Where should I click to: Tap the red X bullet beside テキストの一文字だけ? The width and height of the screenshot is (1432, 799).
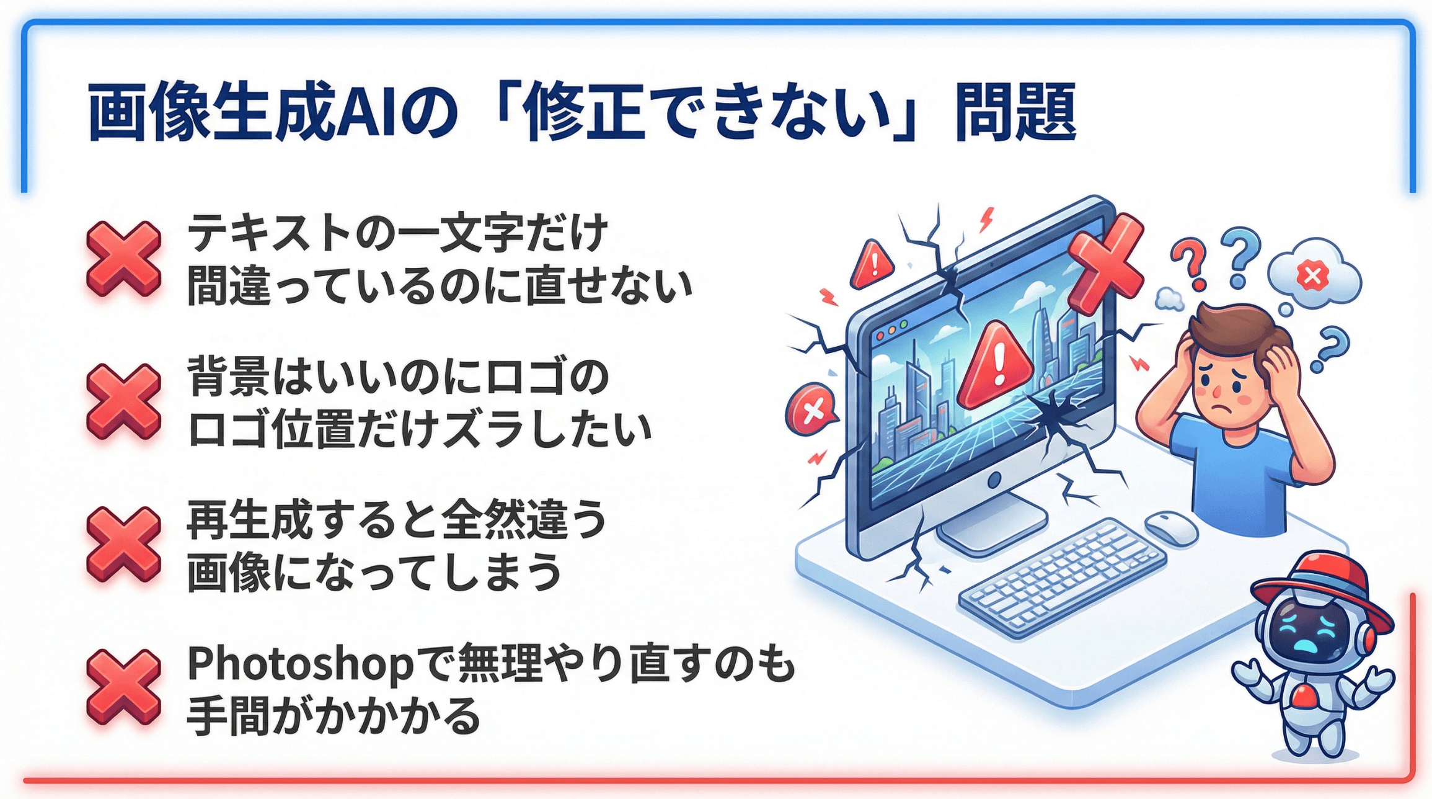[123, 259]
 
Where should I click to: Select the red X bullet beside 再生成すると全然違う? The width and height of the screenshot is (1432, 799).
[123, 545]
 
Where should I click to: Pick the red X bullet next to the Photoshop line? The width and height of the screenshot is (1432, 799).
[123, 687]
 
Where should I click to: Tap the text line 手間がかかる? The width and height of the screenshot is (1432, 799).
[334, 716]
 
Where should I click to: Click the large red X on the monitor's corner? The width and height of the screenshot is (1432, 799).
[1107, 264]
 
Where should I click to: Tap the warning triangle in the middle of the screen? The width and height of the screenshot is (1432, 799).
[996, 365]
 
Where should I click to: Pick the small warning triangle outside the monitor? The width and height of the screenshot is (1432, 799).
[873, 264]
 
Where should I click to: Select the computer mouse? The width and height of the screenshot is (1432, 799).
[1171, 529]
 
